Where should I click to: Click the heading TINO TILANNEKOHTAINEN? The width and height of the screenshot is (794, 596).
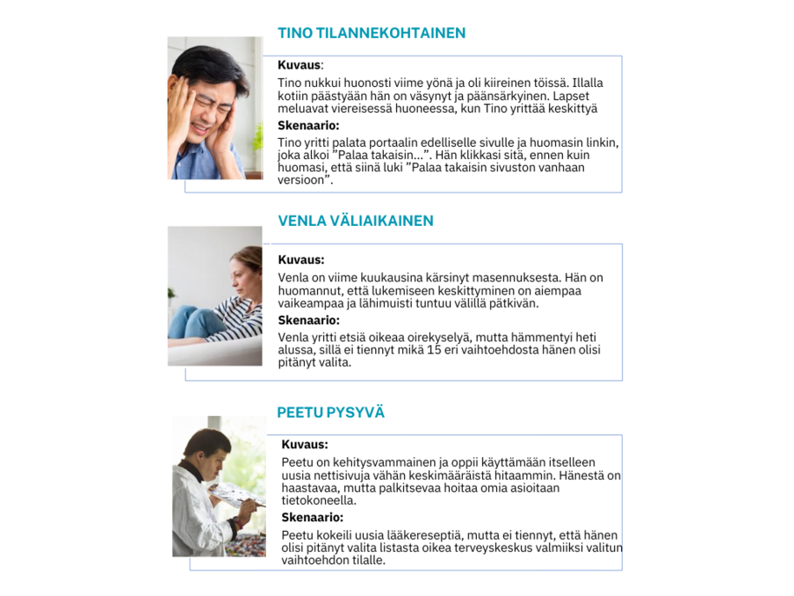pos(371,33)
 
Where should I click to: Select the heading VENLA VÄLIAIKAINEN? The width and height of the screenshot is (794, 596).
pos(355,221)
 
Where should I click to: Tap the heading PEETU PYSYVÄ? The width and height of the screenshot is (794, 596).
pos(330,412)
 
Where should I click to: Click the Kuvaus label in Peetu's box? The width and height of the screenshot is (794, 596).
pos(304,445)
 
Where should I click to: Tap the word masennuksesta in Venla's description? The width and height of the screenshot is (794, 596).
pos(516,277)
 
